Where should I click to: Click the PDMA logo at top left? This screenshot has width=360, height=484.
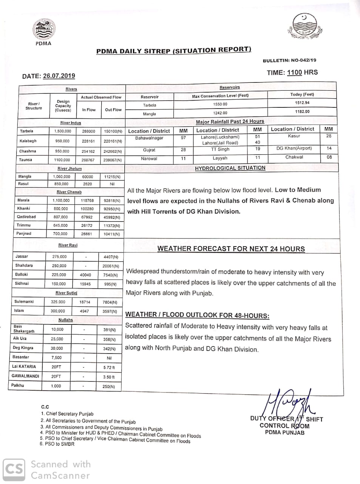(x=43, y=29)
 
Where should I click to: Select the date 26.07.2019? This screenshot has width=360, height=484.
(x=59, y=76)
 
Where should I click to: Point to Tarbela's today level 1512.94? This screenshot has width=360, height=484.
(x=302, y=103)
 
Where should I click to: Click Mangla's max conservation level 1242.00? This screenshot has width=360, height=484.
(x=220, y=113)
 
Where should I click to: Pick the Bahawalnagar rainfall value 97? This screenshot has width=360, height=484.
(x=183, y=138)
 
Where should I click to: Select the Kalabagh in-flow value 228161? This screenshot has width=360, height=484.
(x=88, y=141)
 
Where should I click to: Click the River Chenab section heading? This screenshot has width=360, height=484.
(x=69, y=192)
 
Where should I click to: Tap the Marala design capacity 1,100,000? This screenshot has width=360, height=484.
(x=61, y=200)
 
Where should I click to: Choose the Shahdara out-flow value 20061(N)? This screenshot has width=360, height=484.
(x=111, y=266)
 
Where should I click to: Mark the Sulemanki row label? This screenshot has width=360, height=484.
(x=24, y=302)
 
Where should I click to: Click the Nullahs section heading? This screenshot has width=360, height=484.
(x=66, y=320)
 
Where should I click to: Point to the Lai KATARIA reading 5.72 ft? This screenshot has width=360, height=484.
(x=109, y=367)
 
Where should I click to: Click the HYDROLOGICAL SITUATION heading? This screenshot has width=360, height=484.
(x=230, y=168)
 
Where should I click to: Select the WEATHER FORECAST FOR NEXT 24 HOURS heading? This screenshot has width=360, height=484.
(x=231, y=249)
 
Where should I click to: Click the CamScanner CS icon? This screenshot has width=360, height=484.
(x=14, y=470)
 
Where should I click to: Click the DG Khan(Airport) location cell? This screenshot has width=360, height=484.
(x=294, y=149)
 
